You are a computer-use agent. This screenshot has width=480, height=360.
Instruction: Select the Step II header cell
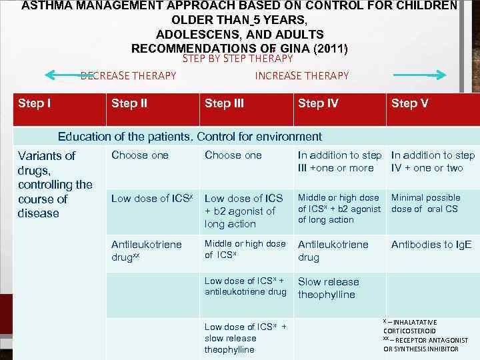[x=129, y=103]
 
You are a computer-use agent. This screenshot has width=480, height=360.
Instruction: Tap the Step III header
[x=224, y=103]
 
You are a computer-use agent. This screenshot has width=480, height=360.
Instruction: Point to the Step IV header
[x=318, y=103]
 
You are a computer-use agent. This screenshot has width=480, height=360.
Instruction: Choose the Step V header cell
[x=409, y=103]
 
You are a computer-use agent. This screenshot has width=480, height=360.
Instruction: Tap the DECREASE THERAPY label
[x=129, y=75]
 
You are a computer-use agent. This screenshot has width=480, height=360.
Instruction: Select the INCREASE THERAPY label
[x=301, y=75]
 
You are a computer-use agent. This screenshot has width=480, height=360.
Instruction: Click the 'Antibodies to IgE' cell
[x=431, y=245]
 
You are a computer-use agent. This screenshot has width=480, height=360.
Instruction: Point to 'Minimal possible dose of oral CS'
[x=425, y=203]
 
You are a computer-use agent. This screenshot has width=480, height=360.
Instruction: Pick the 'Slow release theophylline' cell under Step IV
[x=328, y=288]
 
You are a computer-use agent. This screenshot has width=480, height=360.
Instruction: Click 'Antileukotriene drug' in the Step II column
[x=147, y=251]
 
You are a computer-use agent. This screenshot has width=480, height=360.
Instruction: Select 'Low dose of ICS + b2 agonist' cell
[x=244, y=211]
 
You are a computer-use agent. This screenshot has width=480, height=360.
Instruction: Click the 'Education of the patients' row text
[x=189, y=137]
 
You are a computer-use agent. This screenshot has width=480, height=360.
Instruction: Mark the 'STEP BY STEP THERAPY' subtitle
[x=237, y=59]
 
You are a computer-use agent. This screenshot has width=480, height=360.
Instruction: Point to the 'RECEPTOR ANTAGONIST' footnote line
[x=429, y=340]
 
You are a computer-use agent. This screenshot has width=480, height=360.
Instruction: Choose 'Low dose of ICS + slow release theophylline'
[x=245, y=338]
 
